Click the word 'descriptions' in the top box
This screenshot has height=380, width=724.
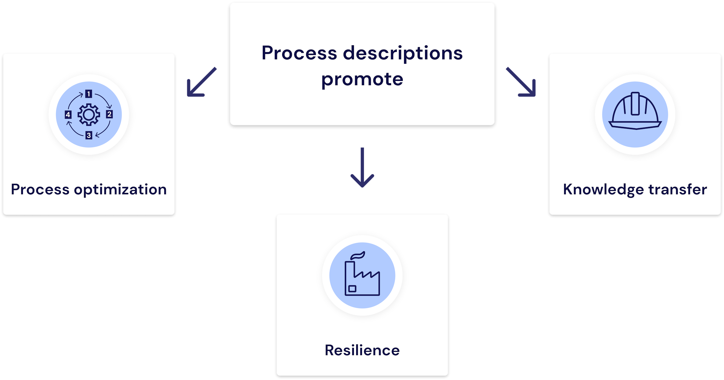(403, 53)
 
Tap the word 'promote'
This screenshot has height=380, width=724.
(362, 79)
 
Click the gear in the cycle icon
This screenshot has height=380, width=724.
(89, 115)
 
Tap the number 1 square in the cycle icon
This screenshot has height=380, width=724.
(89, 94)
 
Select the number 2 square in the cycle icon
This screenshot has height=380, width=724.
(110, 114)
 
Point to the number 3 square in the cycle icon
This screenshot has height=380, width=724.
(89, 135)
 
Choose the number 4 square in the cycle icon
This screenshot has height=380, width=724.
(68, 115)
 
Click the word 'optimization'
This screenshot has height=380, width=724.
(120, 190)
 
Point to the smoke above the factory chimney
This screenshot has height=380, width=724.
(358, 255)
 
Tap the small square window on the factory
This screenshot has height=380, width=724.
(352, 289)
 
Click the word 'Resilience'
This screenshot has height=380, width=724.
(362, 350)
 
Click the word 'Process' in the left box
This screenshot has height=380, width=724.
(40, 190)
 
